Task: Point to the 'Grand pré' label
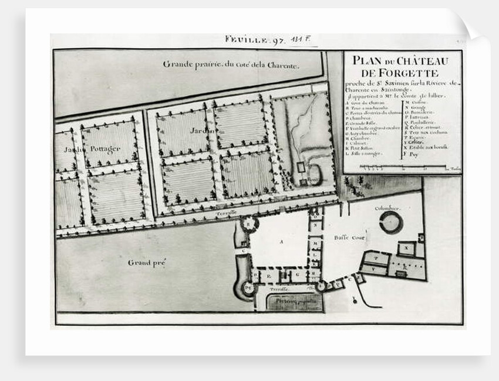(147, 263)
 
